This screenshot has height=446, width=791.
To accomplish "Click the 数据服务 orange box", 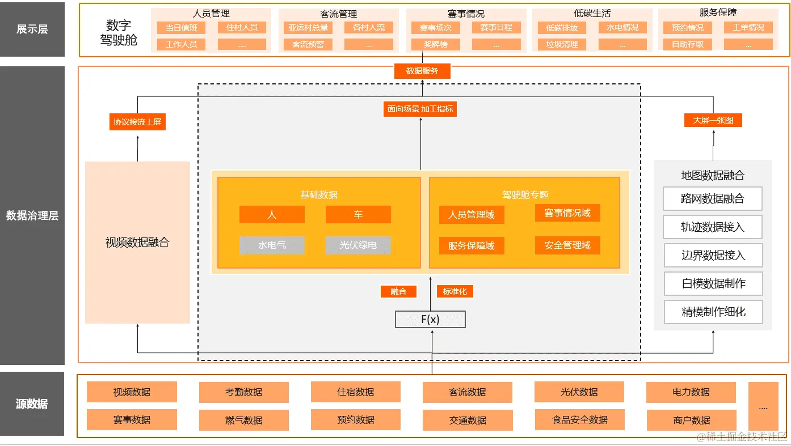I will (x=422, y=71).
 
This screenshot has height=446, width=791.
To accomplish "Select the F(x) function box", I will (x=430, y=320).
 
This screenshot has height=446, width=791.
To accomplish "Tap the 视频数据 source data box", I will (x=132, y=392).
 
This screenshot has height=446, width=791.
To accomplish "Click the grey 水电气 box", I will (x=272, y=245).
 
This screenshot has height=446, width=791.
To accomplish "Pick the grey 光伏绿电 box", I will (x=358, y=245).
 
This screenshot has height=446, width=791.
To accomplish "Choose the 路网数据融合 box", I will (x=712, y=199).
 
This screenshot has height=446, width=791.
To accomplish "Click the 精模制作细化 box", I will (x=713, y=312).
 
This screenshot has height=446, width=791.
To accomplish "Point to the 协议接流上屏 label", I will (x=137, y=122).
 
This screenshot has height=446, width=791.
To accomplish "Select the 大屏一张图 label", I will (x=713, y=120).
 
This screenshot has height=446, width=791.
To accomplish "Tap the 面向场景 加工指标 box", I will (x=420, y=109).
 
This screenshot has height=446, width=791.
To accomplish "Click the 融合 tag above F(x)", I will (x=398, y=291).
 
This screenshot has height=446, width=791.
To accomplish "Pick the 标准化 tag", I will (x=455, y=291).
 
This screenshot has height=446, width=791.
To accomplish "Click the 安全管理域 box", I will (x=567, y=245).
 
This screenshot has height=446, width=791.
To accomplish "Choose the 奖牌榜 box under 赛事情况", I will (x=436, y=44).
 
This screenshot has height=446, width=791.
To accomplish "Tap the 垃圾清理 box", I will (x=562, y=44).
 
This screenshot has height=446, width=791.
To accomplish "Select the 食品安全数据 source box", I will (x=579, y=420).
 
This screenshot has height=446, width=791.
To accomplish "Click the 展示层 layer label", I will (x=32, y=29).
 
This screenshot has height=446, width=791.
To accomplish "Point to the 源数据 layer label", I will (x=32, y=404).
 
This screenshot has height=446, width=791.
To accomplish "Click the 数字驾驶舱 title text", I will (x=119, y=33).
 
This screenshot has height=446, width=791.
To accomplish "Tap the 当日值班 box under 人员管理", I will (x=181, y=27).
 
